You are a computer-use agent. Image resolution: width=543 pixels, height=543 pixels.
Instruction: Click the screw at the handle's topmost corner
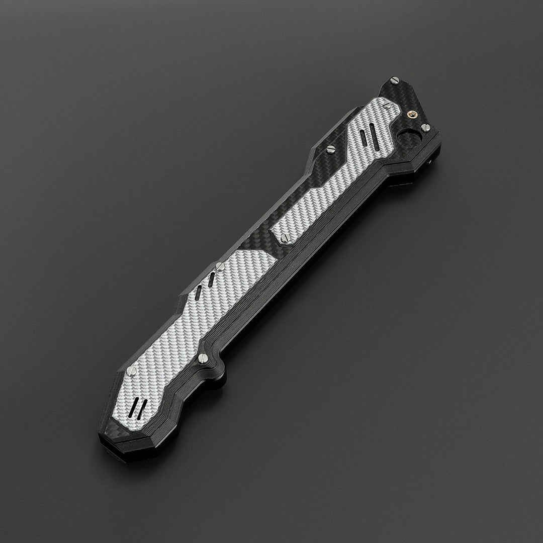tap(393, 79)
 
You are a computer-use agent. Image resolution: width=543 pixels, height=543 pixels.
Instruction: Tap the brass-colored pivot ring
tap(413, 115)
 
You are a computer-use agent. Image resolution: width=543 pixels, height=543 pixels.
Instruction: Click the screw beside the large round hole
tap(425, 127)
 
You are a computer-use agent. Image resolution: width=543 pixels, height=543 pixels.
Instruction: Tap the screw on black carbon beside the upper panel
tap(331, 149)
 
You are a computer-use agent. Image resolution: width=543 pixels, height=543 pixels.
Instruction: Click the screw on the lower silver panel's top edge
tap(219, 264)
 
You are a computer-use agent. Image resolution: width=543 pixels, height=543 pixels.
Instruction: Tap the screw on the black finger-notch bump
tap(203, 358)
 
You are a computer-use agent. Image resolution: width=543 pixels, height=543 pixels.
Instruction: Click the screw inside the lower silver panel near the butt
tap(132, 371)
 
